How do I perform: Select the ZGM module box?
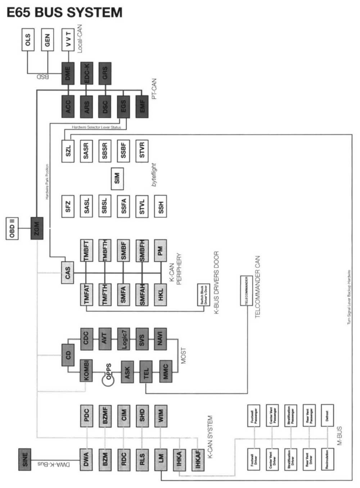[37, 228]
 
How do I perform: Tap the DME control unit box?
[68, 73]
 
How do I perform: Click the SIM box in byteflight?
[117, 179]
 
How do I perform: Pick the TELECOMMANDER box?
[246, 291]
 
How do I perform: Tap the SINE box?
[24, 459]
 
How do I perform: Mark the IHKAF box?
[198, 459]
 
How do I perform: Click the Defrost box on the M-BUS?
[327, 416]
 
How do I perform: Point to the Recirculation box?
[327, 459]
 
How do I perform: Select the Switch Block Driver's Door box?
[204, 295]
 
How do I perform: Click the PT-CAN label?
[154, 89]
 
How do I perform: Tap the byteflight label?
[154, 175]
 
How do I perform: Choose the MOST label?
[184, 355]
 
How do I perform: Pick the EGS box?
[123, 107]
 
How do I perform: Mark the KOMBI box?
[86, 371]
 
